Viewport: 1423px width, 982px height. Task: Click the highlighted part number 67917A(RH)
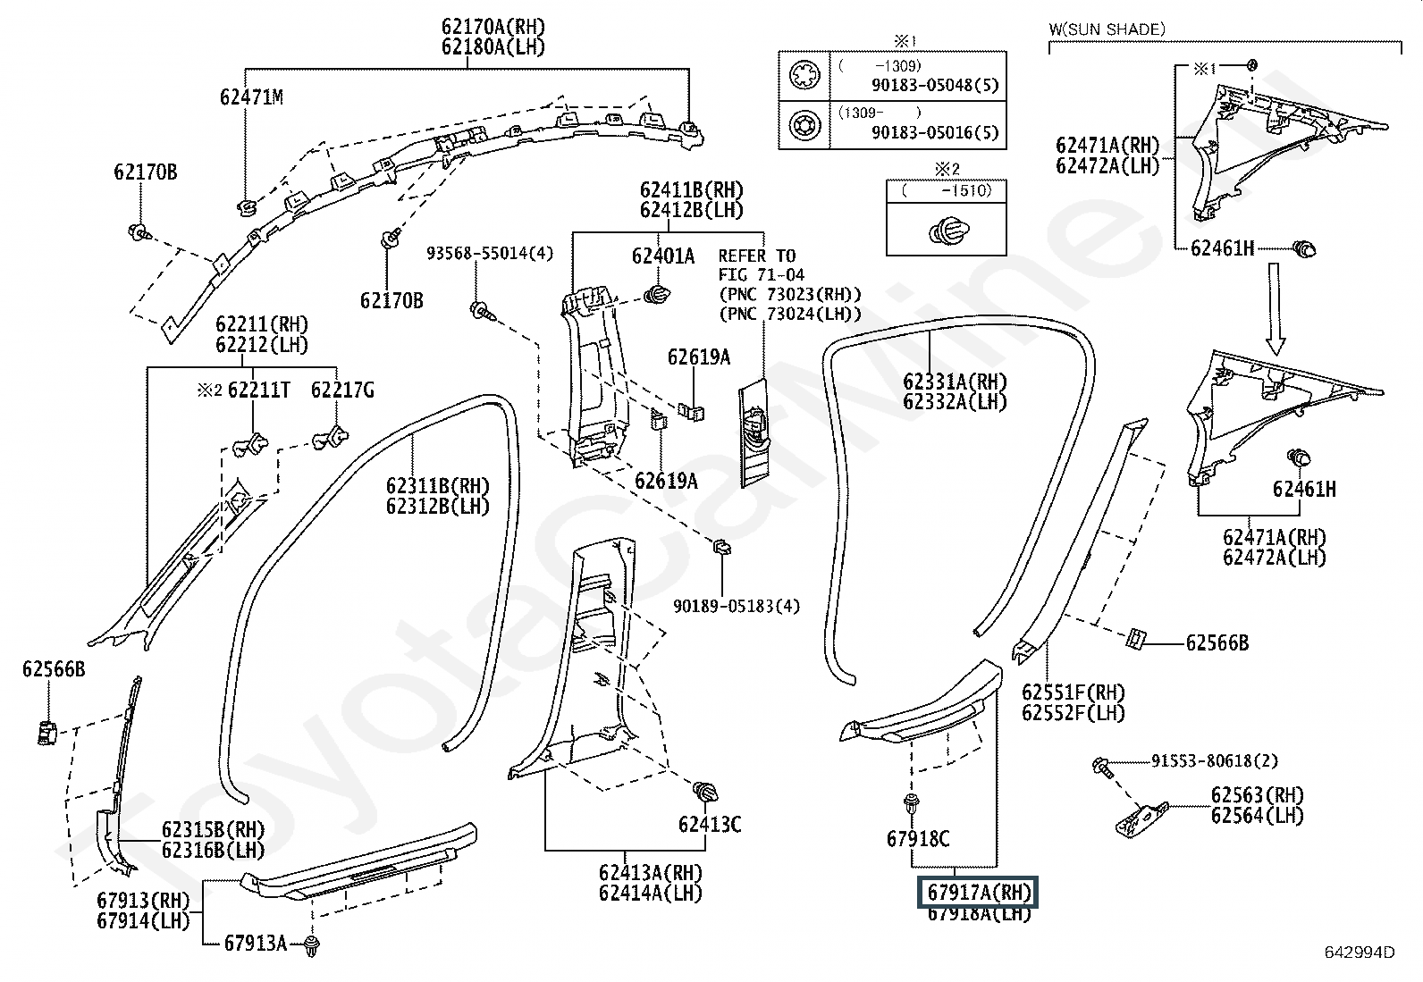[978, 893]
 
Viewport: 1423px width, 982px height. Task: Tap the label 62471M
[251, 97]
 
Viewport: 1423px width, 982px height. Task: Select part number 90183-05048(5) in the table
[935, 85]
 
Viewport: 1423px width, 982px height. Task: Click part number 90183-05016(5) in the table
[935, 132]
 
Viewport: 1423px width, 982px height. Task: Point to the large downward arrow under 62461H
[1276, 308]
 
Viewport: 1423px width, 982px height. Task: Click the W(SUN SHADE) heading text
[1107, 29]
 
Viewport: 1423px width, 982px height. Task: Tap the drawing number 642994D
[1360, 953]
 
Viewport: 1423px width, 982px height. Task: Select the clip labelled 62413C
[706, 792]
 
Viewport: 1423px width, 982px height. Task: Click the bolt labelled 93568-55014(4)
[483, 311]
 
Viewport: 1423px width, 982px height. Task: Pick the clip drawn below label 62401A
[658, 295]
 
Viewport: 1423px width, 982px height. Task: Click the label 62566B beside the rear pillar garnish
[1217, 642]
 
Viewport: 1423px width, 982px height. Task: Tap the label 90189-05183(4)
[737, 606]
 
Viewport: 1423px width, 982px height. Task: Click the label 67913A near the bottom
[256, 944]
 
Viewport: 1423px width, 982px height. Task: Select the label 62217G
[342, 390]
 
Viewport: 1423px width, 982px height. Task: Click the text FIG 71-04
[761, 274]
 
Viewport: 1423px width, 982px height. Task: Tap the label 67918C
[918, 839]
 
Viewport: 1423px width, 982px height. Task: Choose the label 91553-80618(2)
[1214, 760]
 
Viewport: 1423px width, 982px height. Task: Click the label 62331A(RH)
[955, 382]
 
